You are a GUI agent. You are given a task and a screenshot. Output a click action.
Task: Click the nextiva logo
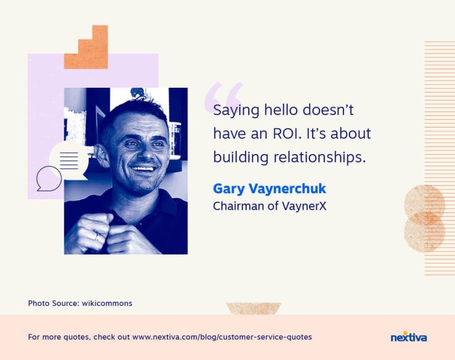[x=408, y=337]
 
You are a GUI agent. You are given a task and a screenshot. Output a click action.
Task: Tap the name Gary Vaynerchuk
[x=270, y=188]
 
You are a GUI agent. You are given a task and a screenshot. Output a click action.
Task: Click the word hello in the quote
[x=281, y=110]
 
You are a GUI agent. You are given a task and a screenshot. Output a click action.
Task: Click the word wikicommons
[x=107, y=303]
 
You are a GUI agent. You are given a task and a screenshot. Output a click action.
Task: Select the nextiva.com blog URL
[x=222, y=337]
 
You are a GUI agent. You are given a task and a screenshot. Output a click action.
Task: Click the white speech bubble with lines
[x=69, y=160]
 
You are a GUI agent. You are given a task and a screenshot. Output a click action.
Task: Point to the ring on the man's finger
[x=97, y=237]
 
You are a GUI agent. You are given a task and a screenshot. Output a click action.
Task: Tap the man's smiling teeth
[x=142, y=168]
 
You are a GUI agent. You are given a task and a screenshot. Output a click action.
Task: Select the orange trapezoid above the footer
[x=253, y=309]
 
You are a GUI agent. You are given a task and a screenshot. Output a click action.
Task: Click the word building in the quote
[x=240, y=157]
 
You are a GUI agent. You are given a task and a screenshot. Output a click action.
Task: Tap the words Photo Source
[x=54, y=303]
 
